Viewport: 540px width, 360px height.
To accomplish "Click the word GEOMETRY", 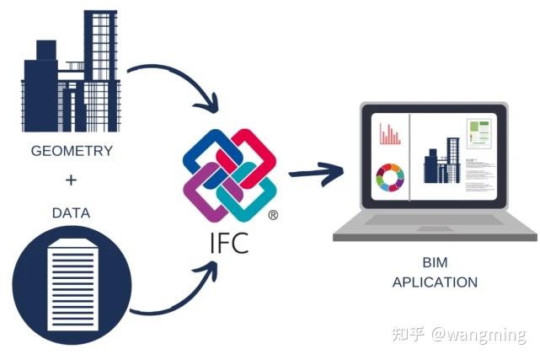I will (x=71, y=153).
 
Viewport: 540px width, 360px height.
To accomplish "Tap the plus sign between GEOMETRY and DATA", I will (x=71, y=180).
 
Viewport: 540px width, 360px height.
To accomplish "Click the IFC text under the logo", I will (x=229, y=243).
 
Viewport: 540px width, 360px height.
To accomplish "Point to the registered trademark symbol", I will (x=273, y=216).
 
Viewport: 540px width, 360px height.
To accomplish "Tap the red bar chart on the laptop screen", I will (x=390, y=134).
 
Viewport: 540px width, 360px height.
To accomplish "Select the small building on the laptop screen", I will (x=436, y=164).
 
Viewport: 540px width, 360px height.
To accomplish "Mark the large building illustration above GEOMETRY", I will (x=71, y=72).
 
